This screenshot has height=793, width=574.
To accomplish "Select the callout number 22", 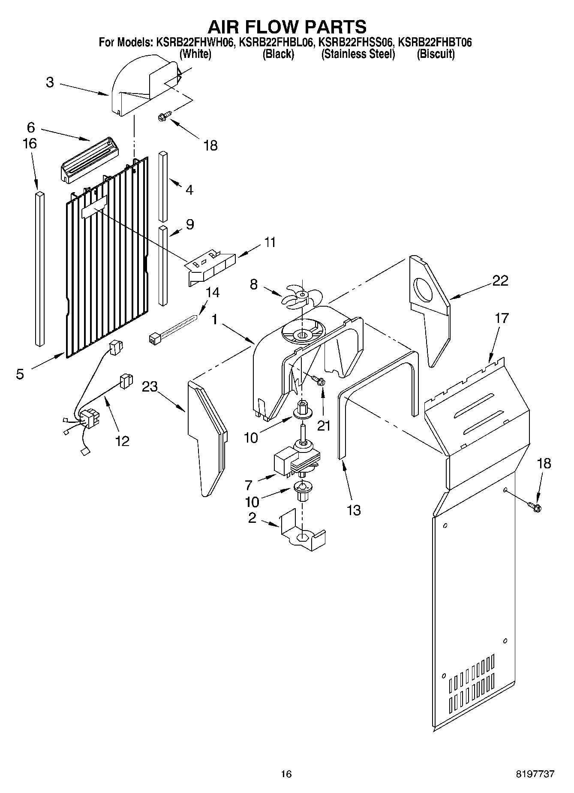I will tap(500, 280).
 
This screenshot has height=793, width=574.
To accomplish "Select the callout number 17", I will tap(502, 318).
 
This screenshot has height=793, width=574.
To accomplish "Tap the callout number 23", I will tap(150, 387).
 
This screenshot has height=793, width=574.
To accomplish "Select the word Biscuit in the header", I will tap(436, 54).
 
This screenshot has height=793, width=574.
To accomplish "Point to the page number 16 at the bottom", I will tap(286, 774).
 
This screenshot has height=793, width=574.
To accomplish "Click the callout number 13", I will tap(354, 510).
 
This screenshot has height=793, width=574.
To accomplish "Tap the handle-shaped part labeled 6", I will tap(88, 160).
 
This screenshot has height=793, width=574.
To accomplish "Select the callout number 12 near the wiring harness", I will tap(122, 440).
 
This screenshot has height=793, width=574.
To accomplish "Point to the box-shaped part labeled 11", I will tap(211, 266).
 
